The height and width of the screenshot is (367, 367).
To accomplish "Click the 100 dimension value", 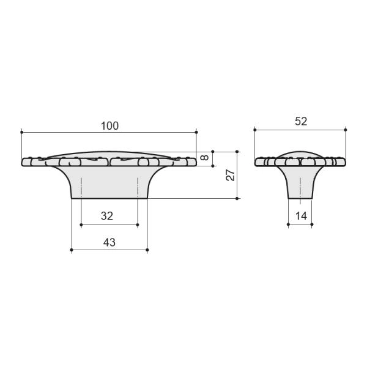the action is click(x=109, y=126).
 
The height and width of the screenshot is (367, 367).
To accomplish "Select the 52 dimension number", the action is click(x=301, y=121).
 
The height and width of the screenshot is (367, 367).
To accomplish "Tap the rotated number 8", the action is click(x=205, y=157).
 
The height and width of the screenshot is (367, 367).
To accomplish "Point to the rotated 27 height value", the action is click(x=231, y=175).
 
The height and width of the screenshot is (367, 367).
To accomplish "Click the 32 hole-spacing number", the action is click(x=107, y=216).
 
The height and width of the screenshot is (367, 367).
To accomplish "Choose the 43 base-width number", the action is click(x=109, y=242).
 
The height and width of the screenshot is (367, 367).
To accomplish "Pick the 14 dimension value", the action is click(x=301, y=216).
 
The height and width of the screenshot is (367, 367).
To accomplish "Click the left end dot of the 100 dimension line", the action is click(x=22, y=132).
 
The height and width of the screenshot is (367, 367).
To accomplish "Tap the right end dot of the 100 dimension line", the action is click(x=196, y=132).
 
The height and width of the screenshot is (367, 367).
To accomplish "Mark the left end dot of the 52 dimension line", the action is click(x=255, y=130).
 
